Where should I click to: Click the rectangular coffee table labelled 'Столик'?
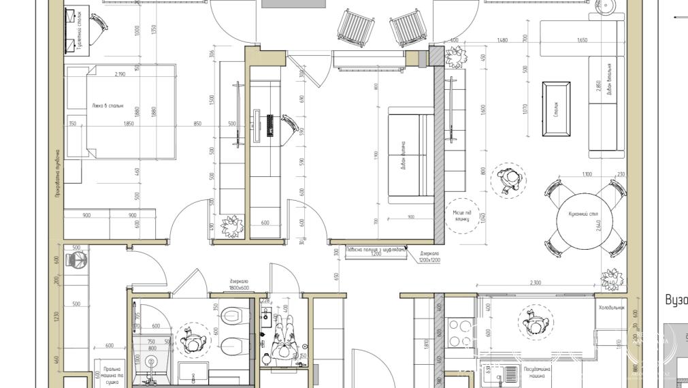556,109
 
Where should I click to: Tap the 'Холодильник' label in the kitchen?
611,308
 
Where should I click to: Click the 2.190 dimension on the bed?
120,74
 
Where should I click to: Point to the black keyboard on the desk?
270,125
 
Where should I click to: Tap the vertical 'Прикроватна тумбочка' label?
57,174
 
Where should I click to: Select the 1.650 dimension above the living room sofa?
581,40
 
